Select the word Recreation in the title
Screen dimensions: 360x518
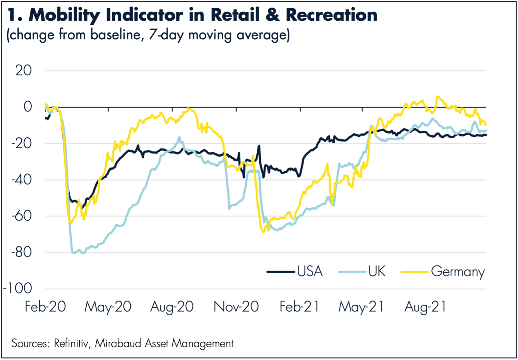[332, 15]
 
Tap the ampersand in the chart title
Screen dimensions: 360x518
[273, 15]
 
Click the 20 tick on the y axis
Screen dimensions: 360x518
[23, 71]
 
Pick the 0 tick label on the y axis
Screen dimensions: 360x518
[28, 107]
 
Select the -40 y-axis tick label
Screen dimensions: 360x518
[21, 180]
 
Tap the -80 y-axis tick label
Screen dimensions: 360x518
[21, 252]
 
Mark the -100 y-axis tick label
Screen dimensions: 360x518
[18, 289]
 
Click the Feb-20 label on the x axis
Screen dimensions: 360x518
[45, 307]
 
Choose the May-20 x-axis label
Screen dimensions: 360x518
[108, 307]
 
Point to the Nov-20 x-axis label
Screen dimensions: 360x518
[236, 307]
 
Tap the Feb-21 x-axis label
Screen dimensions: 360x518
[299, 307]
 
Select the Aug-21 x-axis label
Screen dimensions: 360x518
[425, 307]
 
